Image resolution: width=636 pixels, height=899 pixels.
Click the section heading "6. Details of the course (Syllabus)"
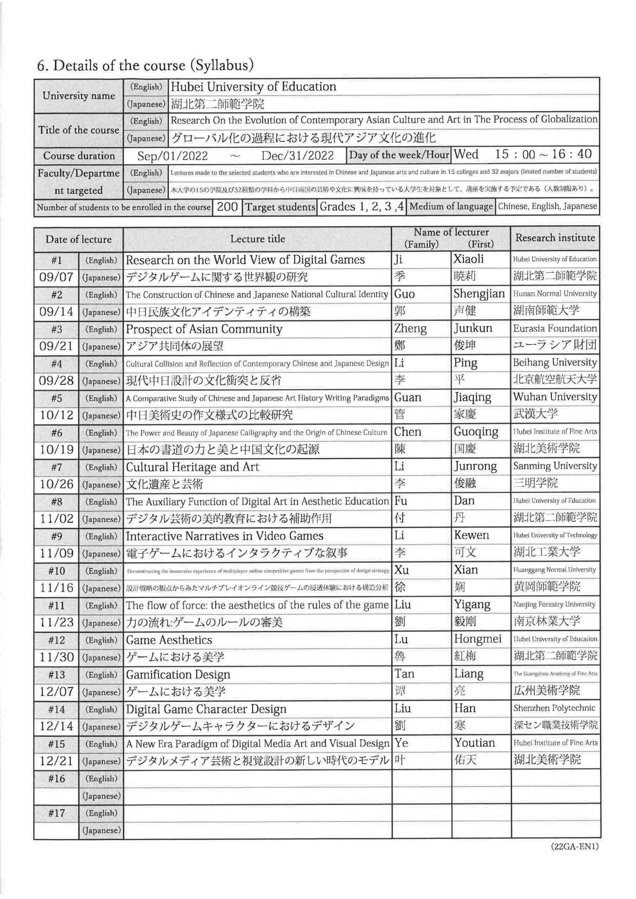coord(145,65)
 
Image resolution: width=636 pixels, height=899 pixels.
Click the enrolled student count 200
coord(227,207)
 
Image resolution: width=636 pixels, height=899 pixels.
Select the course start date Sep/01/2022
coord(172,156)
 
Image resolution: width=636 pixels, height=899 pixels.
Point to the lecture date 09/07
coord(57,277)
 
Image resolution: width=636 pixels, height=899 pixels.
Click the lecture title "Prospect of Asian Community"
coord(204,329)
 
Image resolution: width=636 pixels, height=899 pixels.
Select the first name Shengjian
coord(479,294)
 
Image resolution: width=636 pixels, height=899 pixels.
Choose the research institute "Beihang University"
coord(555,362)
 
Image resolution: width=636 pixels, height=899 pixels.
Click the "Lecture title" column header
coord(257,239)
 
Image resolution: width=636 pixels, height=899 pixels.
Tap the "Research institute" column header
coord(555,238)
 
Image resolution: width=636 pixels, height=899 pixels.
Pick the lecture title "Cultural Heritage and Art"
coord(192,467)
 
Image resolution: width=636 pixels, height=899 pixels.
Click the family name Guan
coord(408,398)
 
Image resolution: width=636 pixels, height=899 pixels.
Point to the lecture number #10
coord(57,571)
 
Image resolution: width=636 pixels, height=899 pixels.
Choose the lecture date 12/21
coord(57,761)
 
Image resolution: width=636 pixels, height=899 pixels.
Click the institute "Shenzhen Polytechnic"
coord(554,708)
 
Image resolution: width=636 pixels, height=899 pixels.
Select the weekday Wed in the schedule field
coord(466,154)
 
